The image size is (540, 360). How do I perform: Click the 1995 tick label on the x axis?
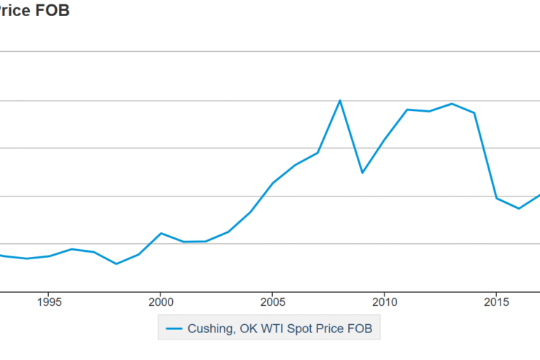tap(49, 301)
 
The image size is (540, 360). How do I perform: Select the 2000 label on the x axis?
tap(161, 301)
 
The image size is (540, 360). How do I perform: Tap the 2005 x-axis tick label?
tap(272, 301)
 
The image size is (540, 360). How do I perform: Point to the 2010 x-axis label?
tap(385, 301)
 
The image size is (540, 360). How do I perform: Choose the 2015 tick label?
tap(496, 301)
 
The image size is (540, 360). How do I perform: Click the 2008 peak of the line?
tap(340, 100)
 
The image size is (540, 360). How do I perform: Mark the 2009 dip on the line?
tap(362, 172)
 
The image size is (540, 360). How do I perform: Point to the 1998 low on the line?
tap(116, 264)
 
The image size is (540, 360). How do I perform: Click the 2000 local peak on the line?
tap(161, 233)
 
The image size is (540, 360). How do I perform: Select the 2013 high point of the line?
tap(452, 104)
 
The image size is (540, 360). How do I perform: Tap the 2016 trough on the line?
tap(519, 209)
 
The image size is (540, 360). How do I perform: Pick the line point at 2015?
tap(496, 199)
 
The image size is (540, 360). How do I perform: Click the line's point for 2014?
tap(474, 113)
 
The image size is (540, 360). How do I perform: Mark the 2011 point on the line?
tap(407, 110)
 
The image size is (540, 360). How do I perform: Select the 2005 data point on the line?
tap(272, 183)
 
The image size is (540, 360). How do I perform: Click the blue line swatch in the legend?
tap(174, 329)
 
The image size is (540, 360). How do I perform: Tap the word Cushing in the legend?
tap(211, 329)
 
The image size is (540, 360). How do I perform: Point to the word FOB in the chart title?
tap(53, 11)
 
